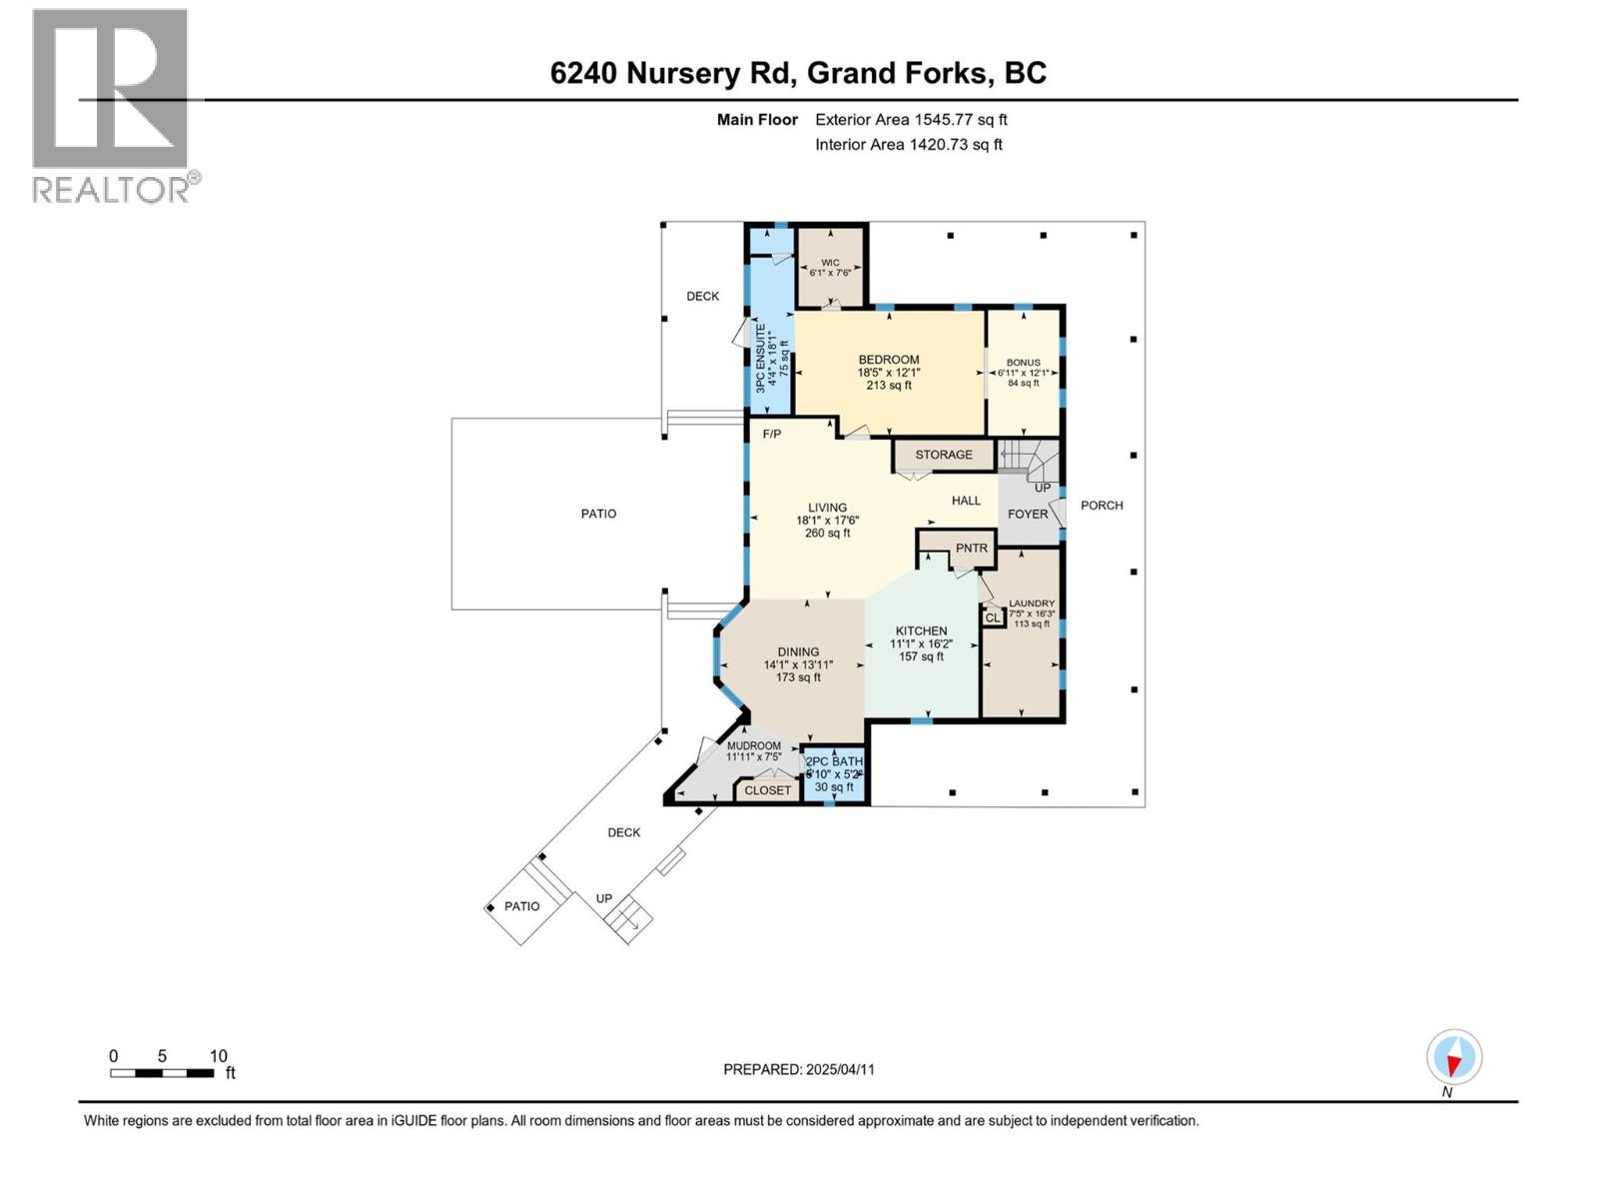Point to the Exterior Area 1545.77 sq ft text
click(911, 120)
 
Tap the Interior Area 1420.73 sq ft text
click(908, 145)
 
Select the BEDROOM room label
click(889, 361)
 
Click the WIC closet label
click(830, 264)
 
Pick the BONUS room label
click(1023, 363)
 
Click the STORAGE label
click(944, 455)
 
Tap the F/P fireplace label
click(772, 435)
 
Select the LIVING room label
click(827, 508)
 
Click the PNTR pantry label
click(971, 549)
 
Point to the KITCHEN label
click(921, 631)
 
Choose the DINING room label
click(798, 652)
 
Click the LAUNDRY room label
click(1031, 603)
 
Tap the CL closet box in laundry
click(992, 618)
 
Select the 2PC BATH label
click(835, 762)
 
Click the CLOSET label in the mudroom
click(767, 790)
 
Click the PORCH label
click(1102, 506)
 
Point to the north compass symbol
click(1454, 1058)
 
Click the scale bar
click(162, 1073)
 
